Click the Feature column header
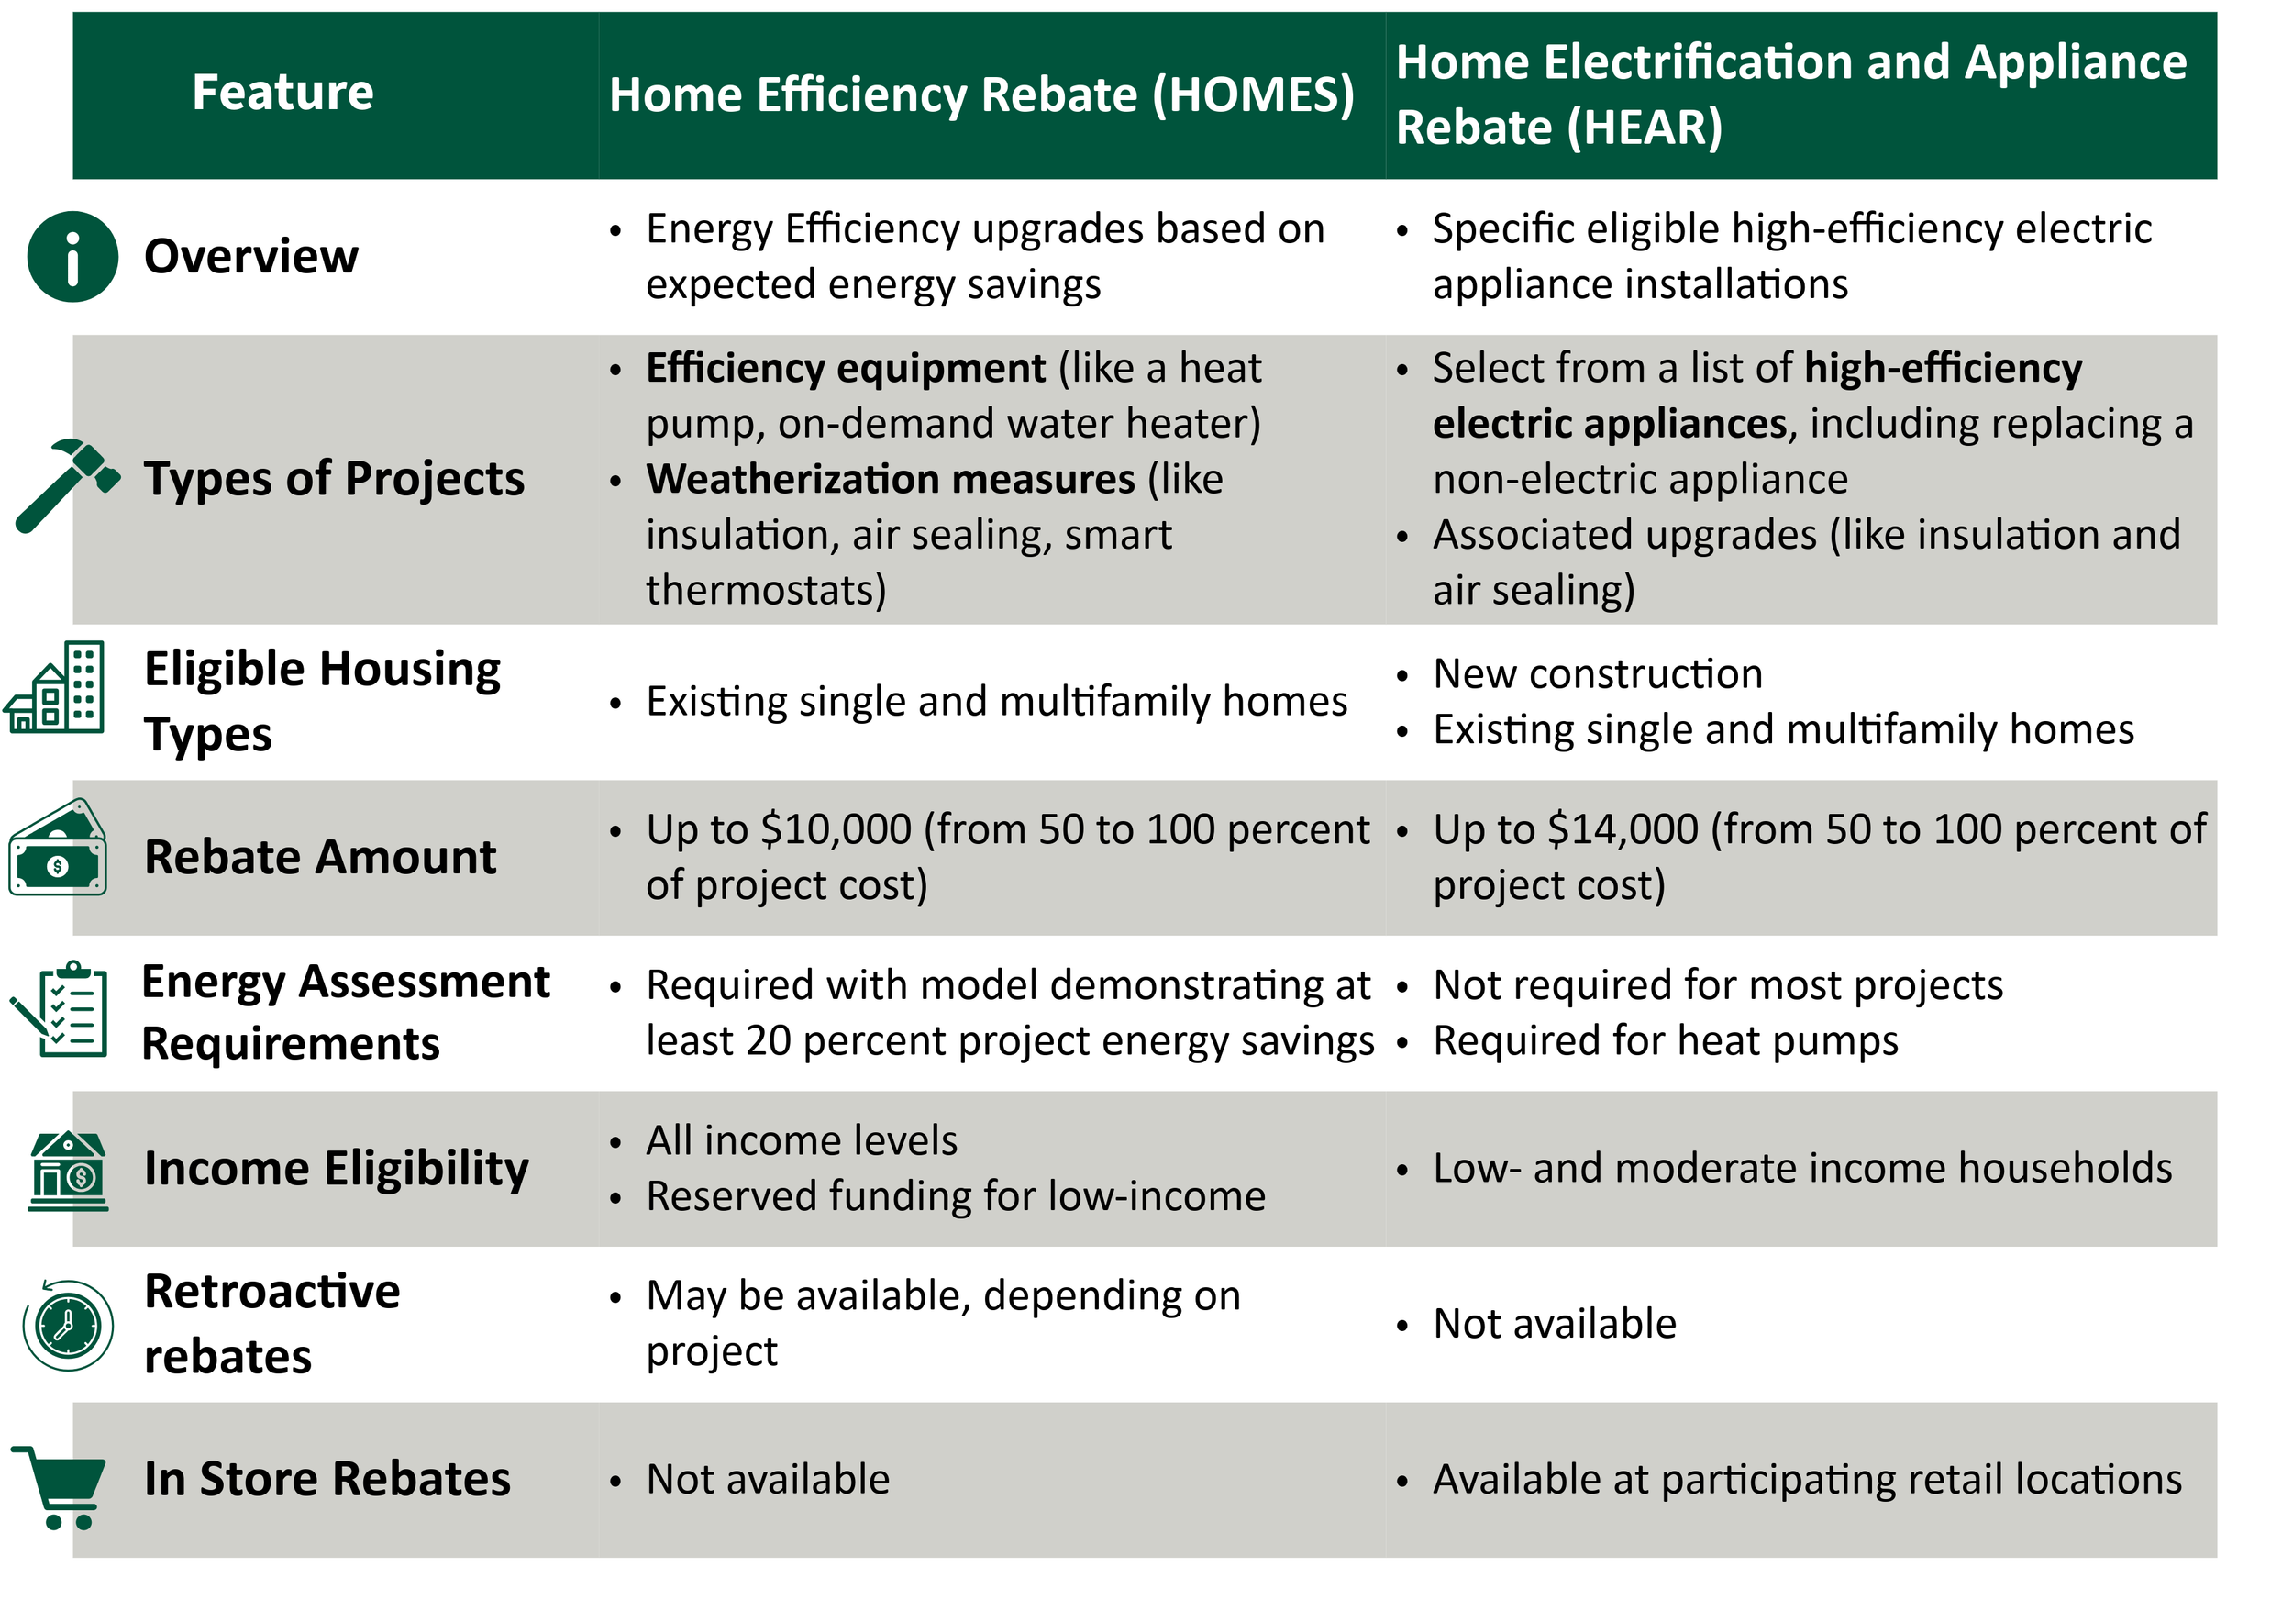[x=282, y=93]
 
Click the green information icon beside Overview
[x=72, y=257]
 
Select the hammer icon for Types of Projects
[x=66, y=484]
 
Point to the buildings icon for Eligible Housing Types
[x=56, y=688]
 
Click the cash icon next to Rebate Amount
[x=58, y=848]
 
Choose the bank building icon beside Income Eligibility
[x=68, y=1172]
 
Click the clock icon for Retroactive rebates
[x=68, y=1327]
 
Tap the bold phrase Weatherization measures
[x=890, y=480]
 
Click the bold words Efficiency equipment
[x=845, y=369]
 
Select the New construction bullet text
[x=1597, y=674]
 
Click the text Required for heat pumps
[x=1665, y=1040]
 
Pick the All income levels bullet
[x=801, y=1140]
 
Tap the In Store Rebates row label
[x=327, y=1479]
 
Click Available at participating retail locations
[x=1807, y=1479]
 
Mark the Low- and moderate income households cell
[x=1801, y=1169]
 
